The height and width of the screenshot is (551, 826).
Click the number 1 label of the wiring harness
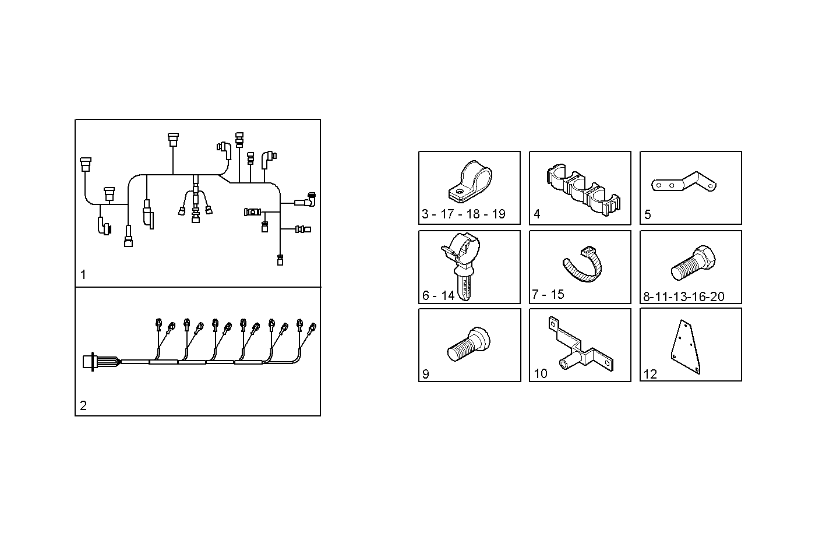(83, 275)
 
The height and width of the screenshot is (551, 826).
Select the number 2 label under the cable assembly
(83, 405)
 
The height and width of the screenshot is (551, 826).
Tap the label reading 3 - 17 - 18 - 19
(463, 214)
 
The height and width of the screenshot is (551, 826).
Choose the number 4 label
(536, 214)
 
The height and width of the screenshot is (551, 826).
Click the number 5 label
(647, 214)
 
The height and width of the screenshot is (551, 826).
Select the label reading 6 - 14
(438, 295)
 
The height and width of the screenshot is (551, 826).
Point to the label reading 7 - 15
(548, 294)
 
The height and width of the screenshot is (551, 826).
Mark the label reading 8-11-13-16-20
(683, 296)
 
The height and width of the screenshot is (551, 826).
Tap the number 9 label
(425, 374)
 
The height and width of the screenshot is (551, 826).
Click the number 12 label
(649, 374)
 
